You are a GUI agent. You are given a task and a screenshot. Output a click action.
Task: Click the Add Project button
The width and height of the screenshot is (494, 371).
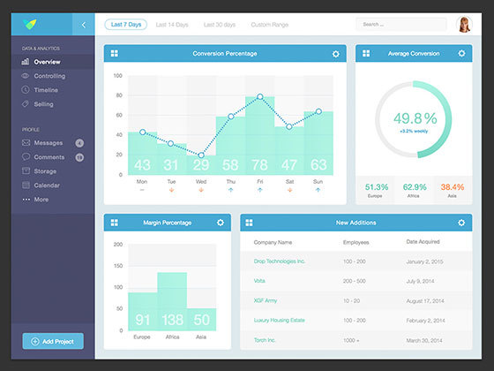coord(53,341)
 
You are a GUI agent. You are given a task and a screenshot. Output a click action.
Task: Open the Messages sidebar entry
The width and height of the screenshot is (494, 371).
coord(48,142)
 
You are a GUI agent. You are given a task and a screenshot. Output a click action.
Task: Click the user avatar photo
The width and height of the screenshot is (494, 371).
coord(464,24)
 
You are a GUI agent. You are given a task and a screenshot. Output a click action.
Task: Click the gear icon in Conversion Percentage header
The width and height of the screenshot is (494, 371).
coord(335,55)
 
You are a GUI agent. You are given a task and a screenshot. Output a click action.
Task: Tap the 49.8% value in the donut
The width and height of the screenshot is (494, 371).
coord(415,118)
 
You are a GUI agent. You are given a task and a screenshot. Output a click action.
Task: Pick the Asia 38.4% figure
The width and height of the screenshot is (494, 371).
coord(452,187)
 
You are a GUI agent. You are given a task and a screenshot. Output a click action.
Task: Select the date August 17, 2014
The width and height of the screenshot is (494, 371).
coord(427,301)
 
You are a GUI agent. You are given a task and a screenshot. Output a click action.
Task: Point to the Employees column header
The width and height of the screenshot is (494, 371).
coord(356,241)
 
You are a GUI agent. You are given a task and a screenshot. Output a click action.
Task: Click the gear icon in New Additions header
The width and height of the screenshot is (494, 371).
coord(460,223)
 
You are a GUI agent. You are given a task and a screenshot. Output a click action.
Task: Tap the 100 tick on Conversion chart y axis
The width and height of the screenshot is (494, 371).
coord(118,75)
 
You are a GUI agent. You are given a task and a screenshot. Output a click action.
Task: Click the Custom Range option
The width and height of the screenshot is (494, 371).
coord(269,25)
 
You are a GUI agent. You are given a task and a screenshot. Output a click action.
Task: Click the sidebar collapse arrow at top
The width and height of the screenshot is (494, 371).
coord(84,25)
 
